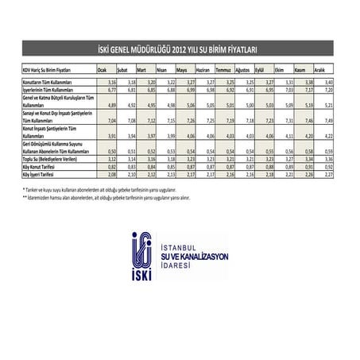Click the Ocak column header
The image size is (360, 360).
(x=102, y=71)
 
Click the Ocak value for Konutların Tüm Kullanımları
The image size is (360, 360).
(x=112, y=83)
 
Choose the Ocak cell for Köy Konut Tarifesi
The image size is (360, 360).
(x=112, y=168)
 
